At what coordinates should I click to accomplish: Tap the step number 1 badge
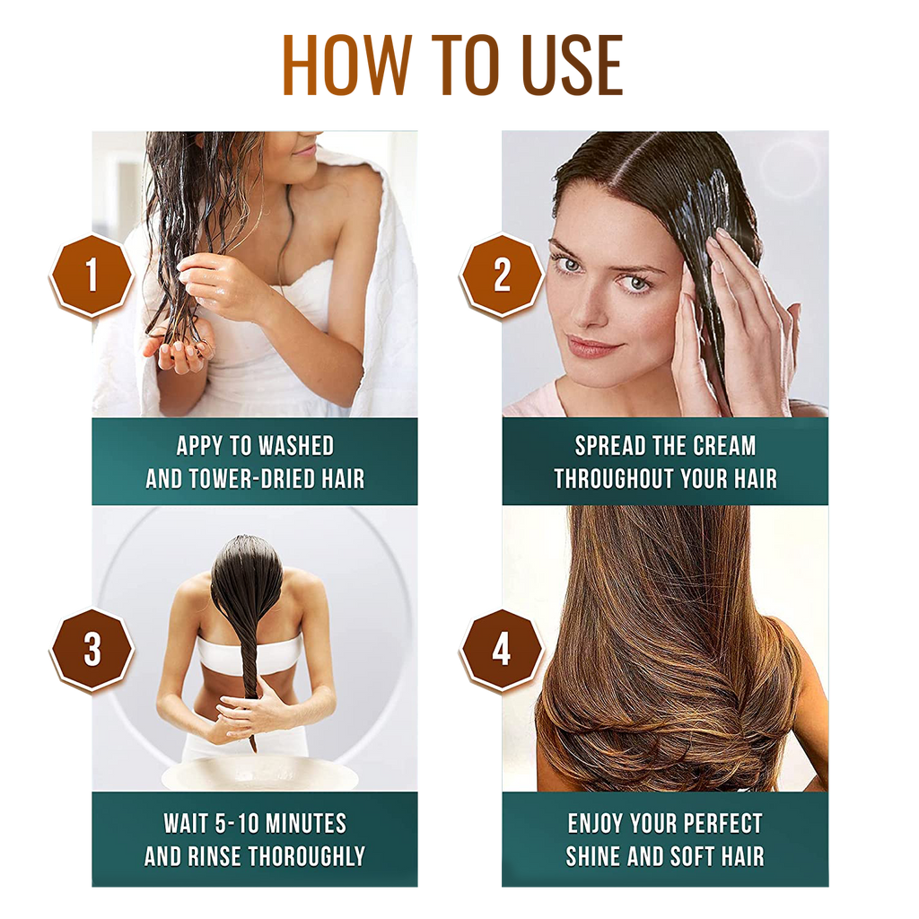pyautogui.click(x=91, y=276)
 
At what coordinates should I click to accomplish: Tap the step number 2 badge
pyautogui.click(x=502, y=276)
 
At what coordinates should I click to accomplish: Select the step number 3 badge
pyautogui.click(x=91, y=649)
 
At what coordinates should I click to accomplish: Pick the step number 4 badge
pyautogui.click(x=502, y=649)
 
